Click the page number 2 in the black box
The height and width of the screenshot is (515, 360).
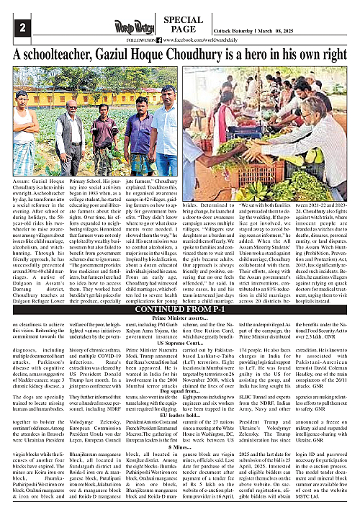tap(12, 27)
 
